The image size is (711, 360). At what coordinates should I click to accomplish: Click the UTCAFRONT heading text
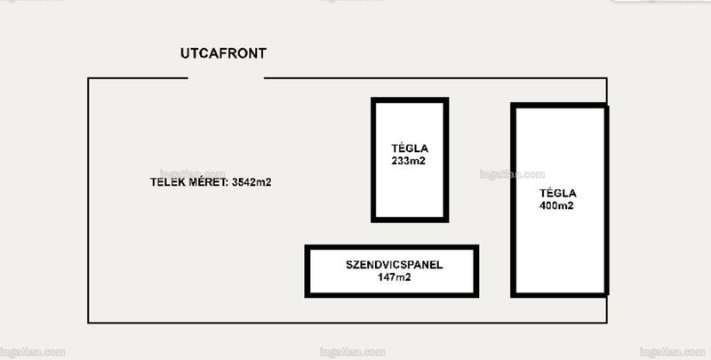(223, 53)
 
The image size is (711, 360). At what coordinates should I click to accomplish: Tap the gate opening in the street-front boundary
(226, 78)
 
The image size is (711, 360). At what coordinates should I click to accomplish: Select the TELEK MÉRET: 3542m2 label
(211, 182)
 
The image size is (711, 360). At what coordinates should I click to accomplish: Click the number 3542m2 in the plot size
(252, 182)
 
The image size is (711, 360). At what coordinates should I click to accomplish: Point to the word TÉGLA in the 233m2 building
(410, 148)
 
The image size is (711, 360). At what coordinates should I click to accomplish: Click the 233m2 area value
(409, 161)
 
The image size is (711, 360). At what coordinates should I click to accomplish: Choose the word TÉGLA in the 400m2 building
(558, 193)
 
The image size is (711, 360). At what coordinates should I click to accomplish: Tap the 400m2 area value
(556, 205)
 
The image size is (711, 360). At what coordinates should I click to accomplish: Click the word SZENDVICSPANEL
(394, 265)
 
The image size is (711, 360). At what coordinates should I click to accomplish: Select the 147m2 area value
(394, 277)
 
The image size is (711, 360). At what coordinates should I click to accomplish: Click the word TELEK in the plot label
(167, 182)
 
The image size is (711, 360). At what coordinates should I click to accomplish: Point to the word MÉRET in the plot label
(207, 182)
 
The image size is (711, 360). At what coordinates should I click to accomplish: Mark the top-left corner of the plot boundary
(88, 78)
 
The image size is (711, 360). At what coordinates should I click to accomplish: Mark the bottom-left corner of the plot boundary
(88, 323)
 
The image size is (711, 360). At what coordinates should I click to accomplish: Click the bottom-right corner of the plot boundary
(607, 323)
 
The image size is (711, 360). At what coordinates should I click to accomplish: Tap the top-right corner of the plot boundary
(607, 78)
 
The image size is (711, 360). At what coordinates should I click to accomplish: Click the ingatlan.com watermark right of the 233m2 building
(512, 174)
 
